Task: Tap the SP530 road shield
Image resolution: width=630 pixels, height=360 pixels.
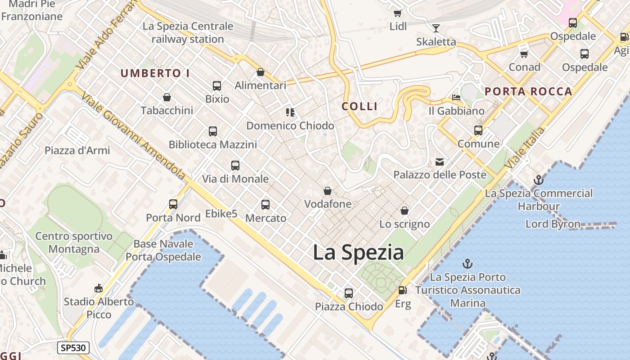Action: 73,347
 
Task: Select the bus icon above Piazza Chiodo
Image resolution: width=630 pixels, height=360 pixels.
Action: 349,293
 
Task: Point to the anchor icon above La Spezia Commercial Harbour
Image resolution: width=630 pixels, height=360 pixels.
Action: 538,180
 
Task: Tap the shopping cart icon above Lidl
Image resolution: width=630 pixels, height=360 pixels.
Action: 397,13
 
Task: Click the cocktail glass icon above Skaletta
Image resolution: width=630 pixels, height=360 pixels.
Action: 436,28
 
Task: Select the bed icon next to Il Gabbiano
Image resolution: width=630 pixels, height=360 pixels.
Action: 456,98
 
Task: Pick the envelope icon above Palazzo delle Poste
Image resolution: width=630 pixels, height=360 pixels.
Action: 439,162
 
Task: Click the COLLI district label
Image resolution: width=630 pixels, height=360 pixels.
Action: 360,107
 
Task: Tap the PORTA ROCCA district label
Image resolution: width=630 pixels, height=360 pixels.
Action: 528,92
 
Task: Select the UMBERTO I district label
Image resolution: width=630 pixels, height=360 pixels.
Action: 155,73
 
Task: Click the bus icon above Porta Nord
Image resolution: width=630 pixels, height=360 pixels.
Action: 173,204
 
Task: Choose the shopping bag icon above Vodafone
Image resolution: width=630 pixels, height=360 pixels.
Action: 328,191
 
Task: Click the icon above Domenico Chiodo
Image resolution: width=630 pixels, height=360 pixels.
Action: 290,112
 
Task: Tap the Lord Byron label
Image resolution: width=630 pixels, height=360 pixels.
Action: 553,224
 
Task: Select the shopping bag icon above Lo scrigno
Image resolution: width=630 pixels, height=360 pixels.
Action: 405,211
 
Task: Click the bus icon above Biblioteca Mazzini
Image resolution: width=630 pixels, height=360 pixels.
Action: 213,131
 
